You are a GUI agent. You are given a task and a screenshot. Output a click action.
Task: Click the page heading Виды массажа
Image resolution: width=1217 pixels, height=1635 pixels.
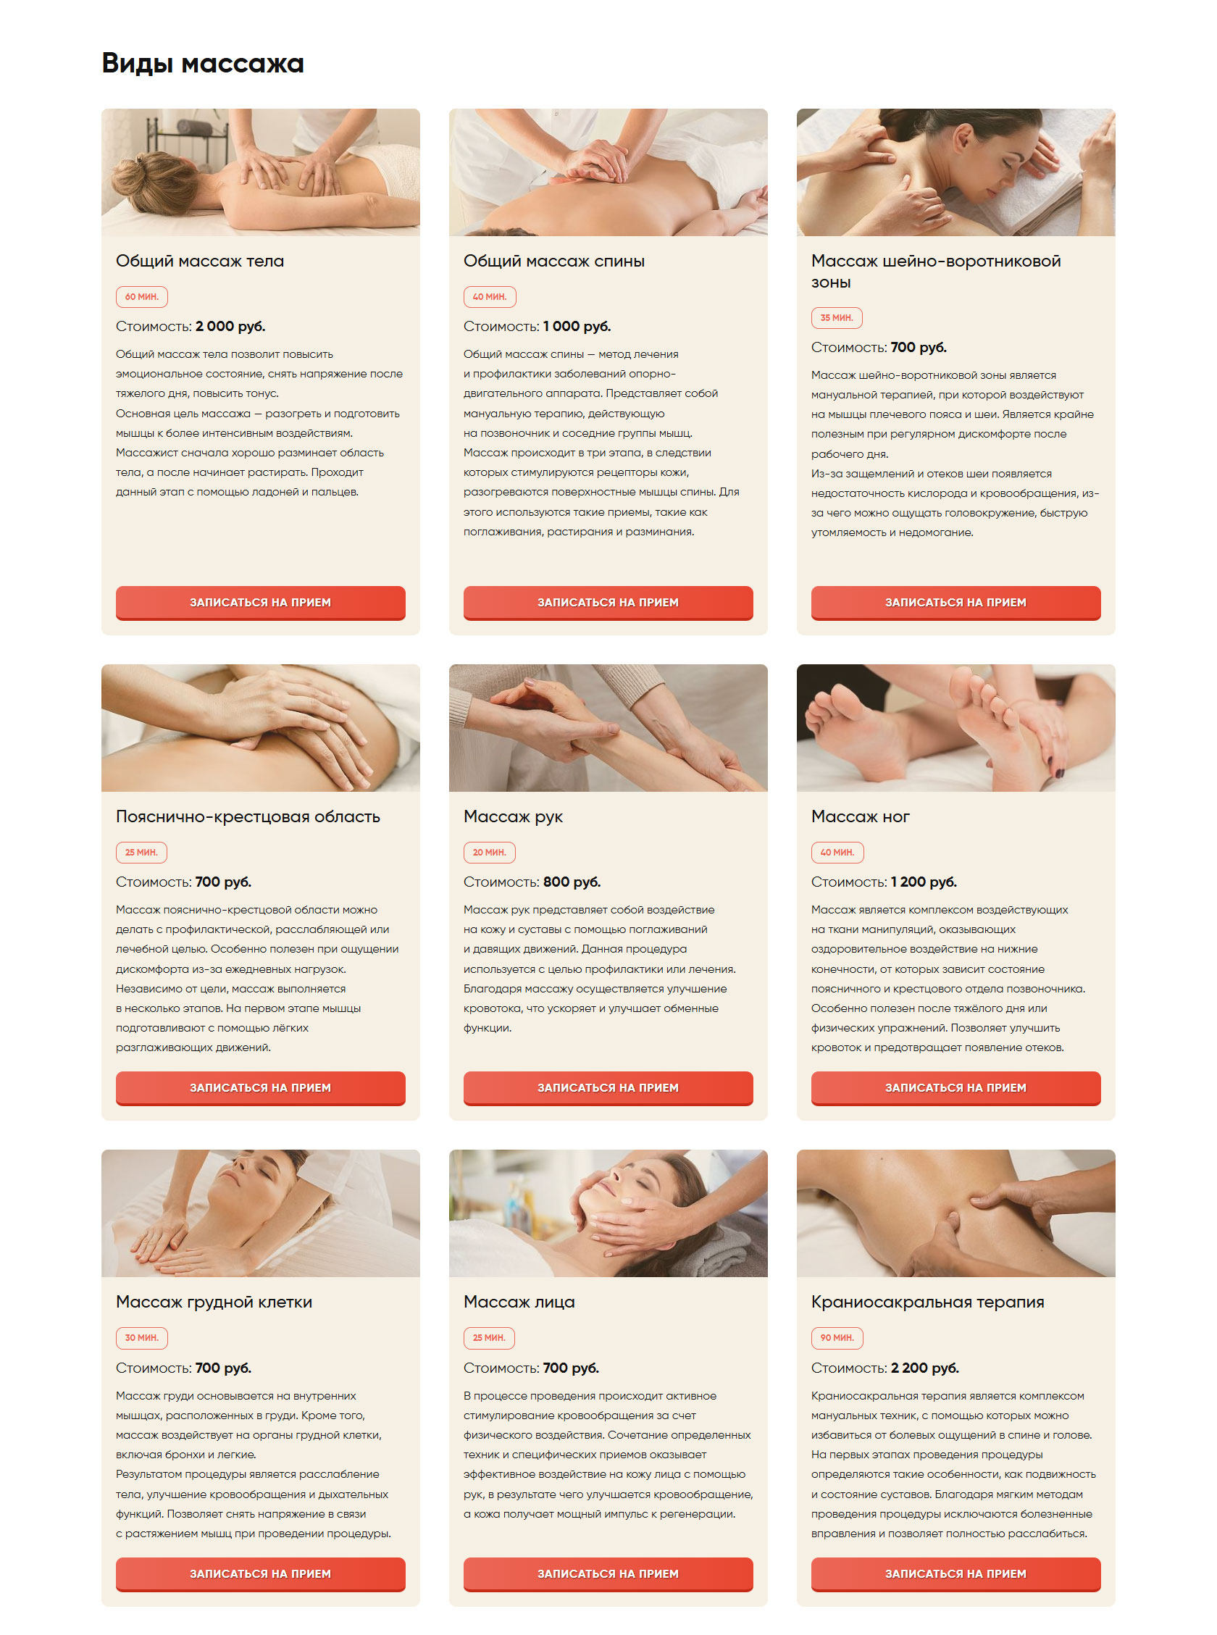point(203,63)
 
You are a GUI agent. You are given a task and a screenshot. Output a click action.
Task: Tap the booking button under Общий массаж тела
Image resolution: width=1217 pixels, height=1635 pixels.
point(260,603)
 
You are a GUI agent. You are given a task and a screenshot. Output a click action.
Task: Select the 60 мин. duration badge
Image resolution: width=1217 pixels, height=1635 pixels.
point(141,297)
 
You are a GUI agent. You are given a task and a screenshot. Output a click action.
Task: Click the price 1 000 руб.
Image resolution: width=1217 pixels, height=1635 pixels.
point(577,326)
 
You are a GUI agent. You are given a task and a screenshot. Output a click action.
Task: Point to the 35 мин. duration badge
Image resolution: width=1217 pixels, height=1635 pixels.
point(837,318)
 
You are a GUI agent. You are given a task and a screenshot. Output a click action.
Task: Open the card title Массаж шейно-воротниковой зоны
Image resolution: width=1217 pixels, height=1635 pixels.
point(936,271)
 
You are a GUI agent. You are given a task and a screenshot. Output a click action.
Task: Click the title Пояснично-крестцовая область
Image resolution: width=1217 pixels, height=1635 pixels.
point(248,816)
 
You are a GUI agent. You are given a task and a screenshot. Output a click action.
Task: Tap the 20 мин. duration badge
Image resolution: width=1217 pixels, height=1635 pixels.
point(489,853)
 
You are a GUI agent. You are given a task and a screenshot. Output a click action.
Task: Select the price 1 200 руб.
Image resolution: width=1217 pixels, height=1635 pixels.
point(924,882)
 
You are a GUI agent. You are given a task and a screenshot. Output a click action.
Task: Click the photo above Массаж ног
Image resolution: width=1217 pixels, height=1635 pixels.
point(955,728)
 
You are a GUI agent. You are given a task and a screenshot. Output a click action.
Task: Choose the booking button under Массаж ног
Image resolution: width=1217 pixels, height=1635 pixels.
point(955,1089)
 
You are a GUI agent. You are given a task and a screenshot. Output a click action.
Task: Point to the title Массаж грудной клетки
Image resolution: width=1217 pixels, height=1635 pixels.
point(214,1302)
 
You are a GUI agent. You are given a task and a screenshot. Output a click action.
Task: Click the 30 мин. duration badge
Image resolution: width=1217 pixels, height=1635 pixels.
point(141,1338)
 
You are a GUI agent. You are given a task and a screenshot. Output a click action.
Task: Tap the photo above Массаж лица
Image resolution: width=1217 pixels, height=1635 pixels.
point(608,1213)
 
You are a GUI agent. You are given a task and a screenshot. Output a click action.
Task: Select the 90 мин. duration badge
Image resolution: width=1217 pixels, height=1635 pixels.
point(837,1338)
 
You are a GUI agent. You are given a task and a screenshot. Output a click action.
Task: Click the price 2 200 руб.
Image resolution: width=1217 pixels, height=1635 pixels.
point(924,1368)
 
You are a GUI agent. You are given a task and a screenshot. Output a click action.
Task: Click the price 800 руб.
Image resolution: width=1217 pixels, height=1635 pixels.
point(572,882)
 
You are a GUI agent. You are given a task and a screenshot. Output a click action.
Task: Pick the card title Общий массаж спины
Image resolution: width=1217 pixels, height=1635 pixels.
point(554,262)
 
